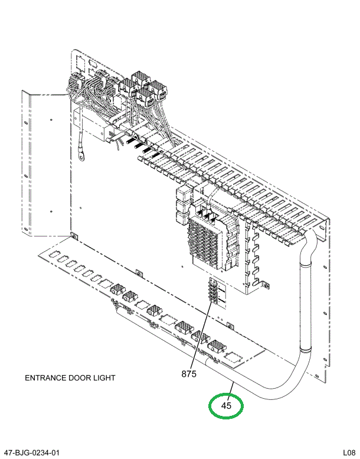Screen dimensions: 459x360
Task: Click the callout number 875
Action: pos(189,373)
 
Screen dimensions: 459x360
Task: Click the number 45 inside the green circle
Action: pos(226,405)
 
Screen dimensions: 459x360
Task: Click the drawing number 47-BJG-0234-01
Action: pos(32,453)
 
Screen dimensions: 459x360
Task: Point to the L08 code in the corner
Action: pos(349,453)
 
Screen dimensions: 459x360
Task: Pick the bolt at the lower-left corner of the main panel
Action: pos(73,237)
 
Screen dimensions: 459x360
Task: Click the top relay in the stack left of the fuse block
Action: pos(182,196)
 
